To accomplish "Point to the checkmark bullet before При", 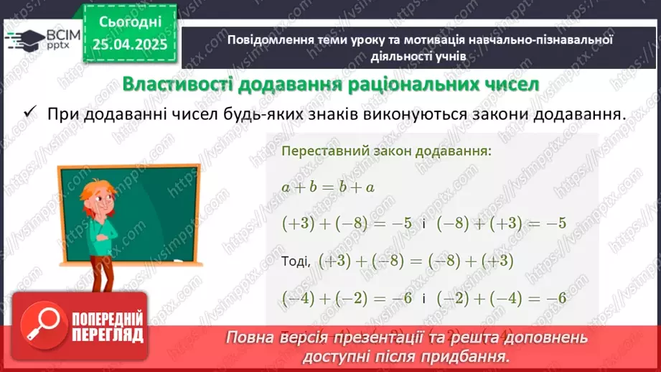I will tap(29, 114).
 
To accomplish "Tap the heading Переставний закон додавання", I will tap(387, 152).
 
